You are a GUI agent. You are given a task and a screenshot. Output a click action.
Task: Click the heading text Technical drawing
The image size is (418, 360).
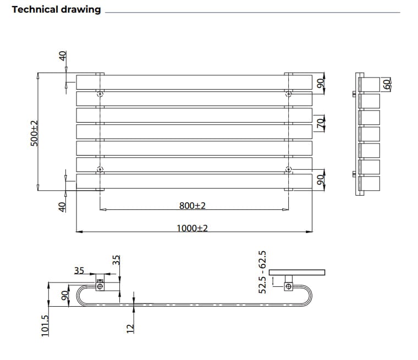[x=56, y=9]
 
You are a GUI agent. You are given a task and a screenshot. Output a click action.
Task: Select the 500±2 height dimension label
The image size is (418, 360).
[x=34, y=132]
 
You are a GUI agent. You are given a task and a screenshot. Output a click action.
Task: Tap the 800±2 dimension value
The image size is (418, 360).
[x=192, y=205]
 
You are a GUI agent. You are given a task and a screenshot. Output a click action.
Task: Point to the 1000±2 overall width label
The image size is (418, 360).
[x=192, y=228]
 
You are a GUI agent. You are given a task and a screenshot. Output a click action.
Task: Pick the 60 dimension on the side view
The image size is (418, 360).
[x=387, y=84]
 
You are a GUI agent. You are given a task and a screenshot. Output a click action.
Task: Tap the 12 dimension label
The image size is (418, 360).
[x=130, y=328]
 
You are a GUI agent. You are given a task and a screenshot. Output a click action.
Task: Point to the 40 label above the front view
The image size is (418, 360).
[x=63, y=56]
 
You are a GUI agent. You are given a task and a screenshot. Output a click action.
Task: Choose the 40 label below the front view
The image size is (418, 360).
[x=63, y=206]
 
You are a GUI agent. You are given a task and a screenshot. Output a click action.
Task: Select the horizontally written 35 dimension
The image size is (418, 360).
[x=79, y=270]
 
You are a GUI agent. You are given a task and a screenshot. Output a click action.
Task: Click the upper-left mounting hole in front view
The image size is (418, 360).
[x=100, y=94]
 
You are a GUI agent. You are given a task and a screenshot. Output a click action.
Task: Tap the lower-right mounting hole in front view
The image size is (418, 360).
[x=288, y=169]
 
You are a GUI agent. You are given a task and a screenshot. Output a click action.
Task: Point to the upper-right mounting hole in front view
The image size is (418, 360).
[x=288, y=94]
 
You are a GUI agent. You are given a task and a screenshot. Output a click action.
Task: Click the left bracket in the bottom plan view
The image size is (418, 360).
[x=100, y=286]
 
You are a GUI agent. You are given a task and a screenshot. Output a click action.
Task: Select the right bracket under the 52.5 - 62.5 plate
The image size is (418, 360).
[x=288, y=286]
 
